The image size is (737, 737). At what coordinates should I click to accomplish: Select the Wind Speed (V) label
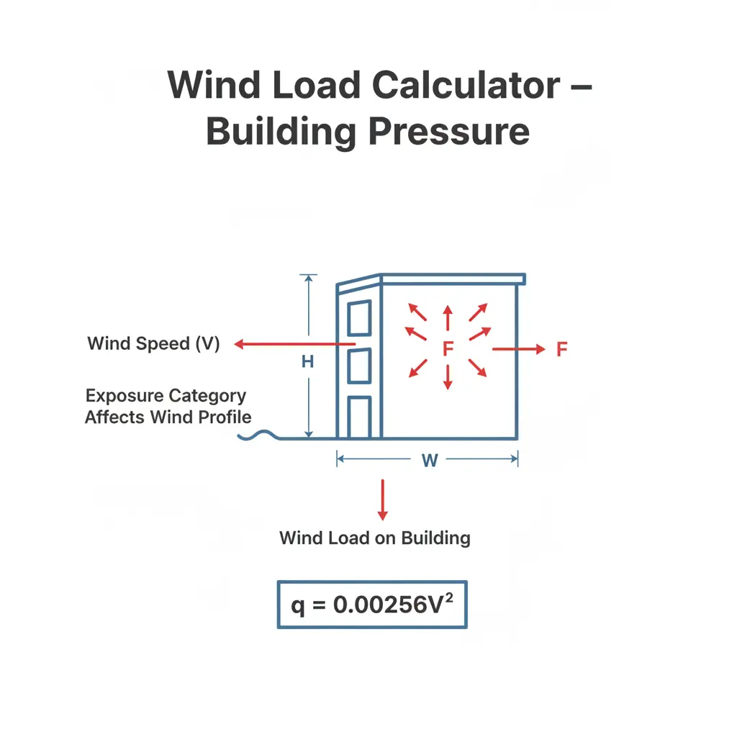[x=154, y=343]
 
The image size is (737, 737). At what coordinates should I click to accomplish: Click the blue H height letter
[x=307, y=361]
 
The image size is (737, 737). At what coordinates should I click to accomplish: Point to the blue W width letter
[x=430, y=460]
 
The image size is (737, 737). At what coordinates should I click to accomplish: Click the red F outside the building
[x=561, y=349]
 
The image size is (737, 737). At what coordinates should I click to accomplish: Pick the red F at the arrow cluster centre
[x=448, y=349]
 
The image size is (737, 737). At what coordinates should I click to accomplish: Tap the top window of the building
[x=360, y=318]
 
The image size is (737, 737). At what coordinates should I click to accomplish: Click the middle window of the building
[x=360, y=366]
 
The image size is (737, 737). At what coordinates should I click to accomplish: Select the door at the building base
[x=360, y=417]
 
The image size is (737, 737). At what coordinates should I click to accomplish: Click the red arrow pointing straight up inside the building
[x=448, y=317]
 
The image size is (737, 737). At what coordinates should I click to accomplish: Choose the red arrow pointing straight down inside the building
[x=448, y=377]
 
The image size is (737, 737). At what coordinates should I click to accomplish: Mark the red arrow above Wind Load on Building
[x=383, y=499]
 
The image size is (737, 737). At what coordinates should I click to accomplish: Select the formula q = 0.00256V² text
[x=372, y=605]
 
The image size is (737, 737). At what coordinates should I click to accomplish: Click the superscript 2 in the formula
[x=449, y=597]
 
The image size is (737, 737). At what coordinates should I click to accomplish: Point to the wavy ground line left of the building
[x=259, y=435]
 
